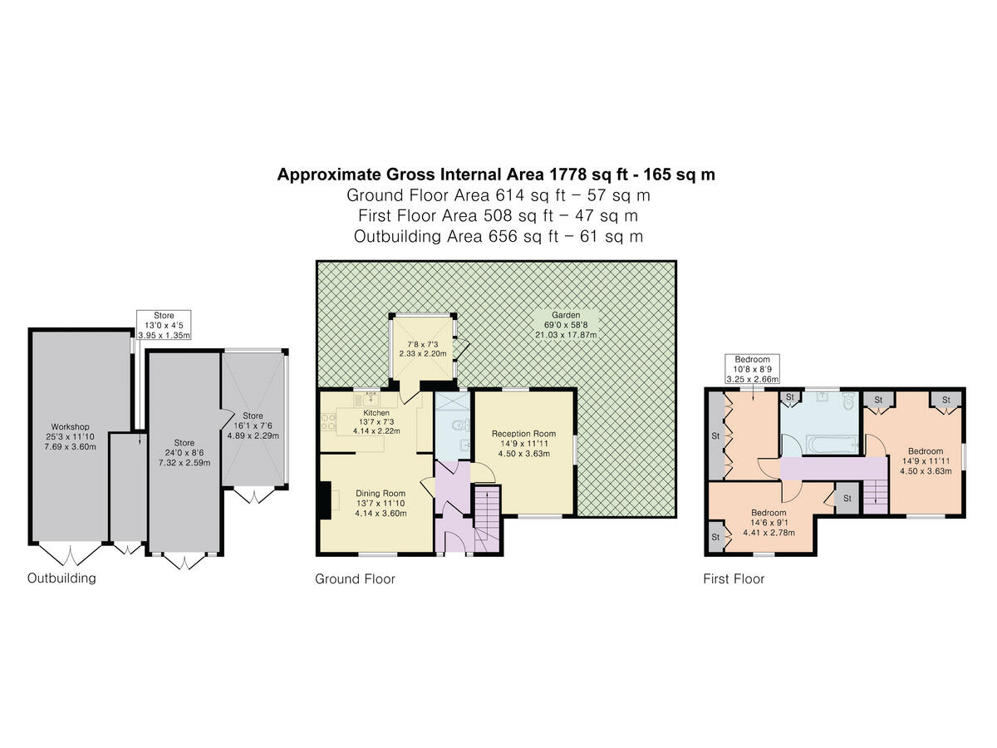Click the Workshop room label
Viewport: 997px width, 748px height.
pyautogui.click(x=69, y=427)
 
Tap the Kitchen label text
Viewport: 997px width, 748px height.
pyautogui.click(x=376, y=412)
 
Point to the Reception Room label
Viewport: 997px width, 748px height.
pyautogui.click(x=523, y=433)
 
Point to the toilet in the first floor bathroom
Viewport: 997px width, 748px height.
pyautogui.click(x=847, y=403)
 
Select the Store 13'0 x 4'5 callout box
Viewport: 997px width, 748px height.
pyautogui.click(x=164, y=325)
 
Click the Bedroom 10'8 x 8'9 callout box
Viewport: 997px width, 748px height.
pyautogui.click(x=752, y=367)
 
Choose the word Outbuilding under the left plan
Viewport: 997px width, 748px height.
pyautogui.click(x=61, y=578)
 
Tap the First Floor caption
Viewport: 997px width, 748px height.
pyautogui.click(x=734, y=578)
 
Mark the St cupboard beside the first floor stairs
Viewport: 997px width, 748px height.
pyautogui.click(x=847, y=498)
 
